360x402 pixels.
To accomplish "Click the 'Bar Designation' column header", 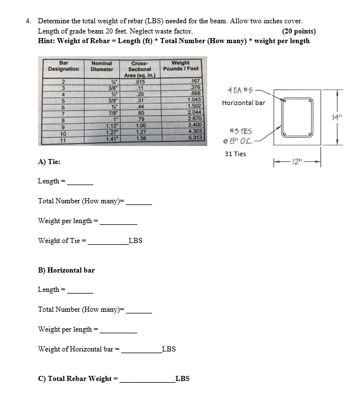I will point(64,66).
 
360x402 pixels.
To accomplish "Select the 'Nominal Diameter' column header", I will point(102,66).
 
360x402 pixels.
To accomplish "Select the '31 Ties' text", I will point(235,154).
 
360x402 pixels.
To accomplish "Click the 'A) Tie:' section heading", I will point(49,161).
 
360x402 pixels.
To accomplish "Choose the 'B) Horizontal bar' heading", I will point(66,270).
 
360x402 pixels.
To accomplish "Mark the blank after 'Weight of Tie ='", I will point(108,241).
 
